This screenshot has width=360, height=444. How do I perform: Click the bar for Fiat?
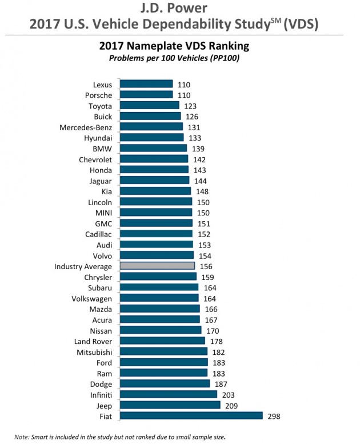(x=191, y=416)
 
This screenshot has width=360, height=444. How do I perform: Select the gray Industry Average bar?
(x=157, y=266)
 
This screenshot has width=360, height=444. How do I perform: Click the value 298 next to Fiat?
(x=274, y=416)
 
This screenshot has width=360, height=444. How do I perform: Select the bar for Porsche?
(x=146, y=95)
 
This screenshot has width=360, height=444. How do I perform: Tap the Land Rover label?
(x=93, y=341)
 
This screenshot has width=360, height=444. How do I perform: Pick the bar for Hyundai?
(x=151, y=138)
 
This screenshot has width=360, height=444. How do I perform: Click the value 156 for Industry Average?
(x=206, y=266)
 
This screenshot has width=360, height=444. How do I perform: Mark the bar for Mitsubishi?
(x=163, y=352)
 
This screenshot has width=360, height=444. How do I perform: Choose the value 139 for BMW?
(x=198, y=149)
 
